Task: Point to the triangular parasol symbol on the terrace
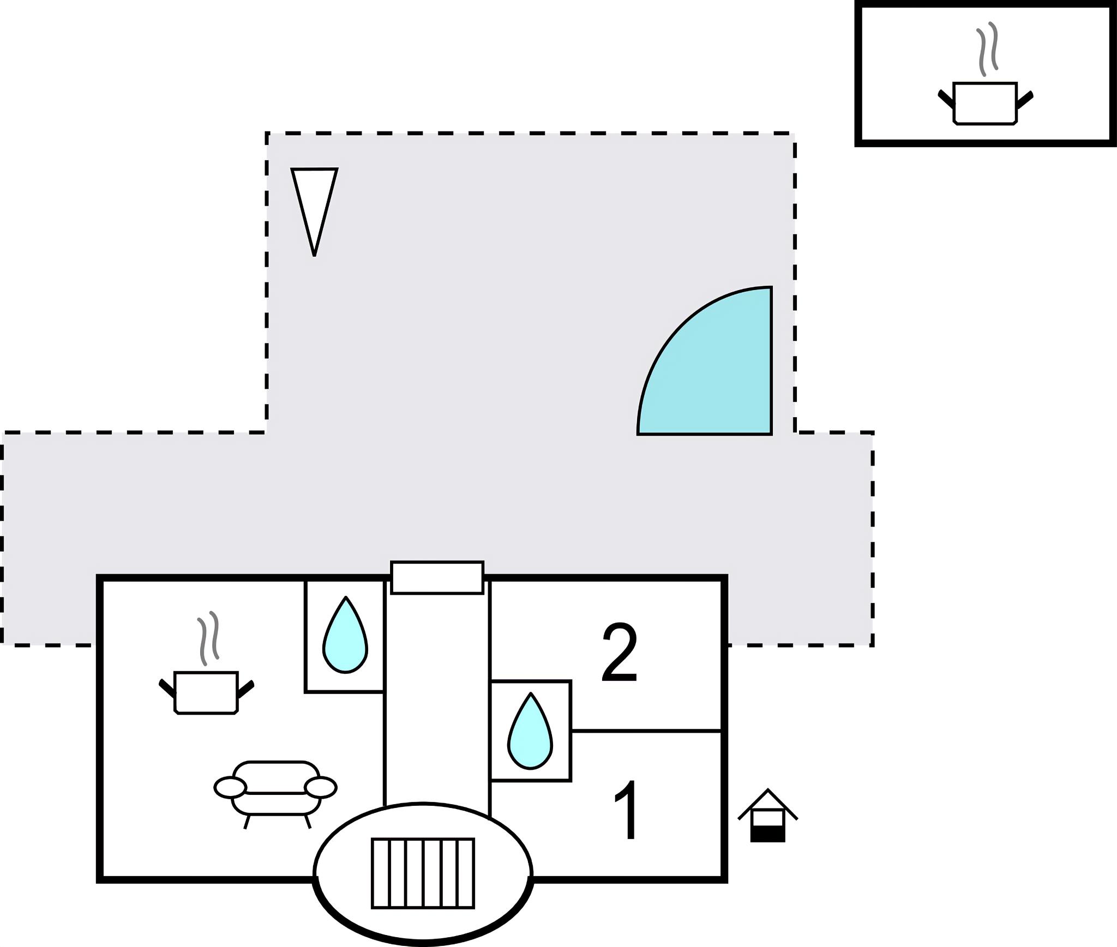click(x=314, y=202)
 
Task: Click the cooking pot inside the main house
click(x=206, y=692)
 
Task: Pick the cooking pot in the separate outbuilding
click(x=985, y=103)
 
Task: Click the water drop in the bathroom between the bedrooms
click(x=530, y=733)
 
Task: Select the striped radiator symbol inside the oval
click(x=423, y=873)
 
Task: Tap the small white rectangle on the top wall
click(x=437, y=577)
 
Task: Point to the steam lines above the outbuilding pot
click(x=987, y=49)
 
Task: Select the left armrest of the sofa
click(x=230, y=788)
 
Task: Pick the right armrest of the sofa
click(x=320, y=788)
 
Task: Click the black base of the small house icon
click(x=767, y=835)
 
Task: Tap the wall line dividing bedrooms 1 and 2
click(x=646, y=731)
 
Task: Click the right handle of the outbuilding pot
click(x=1025, y=100)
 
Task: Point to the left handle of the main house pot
click(x=167, y=688)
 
